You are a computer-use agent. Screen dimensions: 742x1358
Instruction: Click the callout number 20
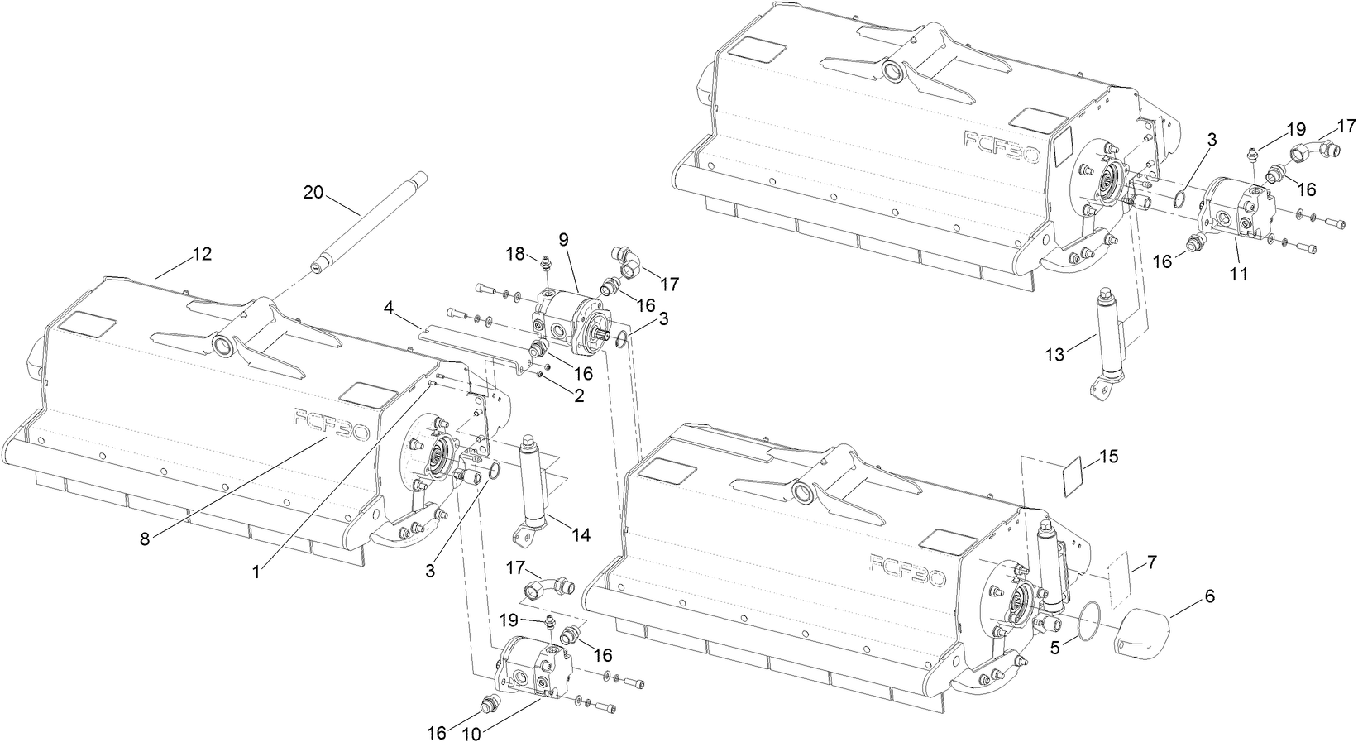click(313, 192)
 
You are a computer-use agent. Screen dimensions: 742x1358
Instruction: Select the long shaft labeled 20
click(365, 221)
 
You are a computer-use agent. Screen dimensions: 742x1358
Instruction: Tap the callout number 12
click(202, 254)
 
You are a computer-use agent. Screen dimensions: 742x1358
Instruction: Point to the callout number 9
click(563, 239)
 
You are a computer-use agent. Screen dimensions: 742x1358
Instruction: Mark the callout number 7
click(1151, 563)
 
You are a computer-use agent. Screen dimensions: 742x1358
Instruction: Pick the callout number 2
click(578, 395)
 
